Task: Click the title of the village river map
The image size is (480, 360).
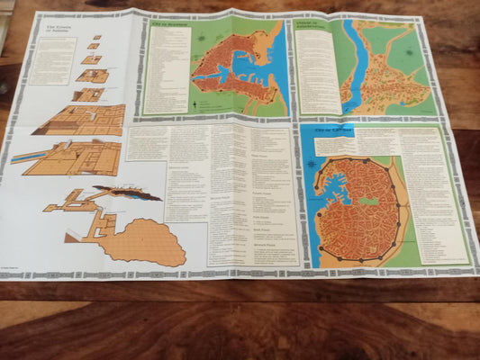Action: point(315,26)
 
